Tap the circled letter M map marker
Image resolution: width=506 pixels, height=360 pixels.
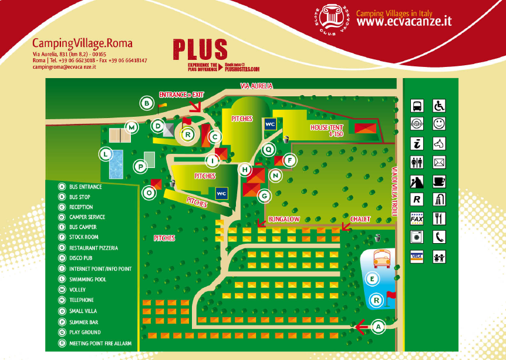pyautogui.click(x=131, y=127)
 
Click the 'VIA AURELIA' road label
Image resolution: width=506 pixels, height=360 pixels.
pyautogui.click(x=257, y=86)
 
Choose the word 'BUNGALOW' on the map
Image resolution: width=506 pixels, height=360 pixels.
pyautogui.click(x=284, y=219)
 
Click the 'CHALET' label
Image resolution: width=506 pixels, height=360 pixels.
pyautogui.click(x=361, y=219)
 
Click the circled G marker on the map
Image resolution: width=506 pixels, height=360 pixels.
pyautogui.click(x=264, y=195)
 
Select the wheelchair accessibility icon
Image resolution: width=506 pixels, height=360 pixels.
pyautogui.click(x=439, y=106)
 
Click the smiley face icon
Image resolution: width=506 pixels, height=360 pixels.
pyautogui.click(x=439, y=124)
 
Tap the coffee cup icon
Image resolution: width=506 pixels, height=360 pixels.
pyautogui.click(x=439, y=180)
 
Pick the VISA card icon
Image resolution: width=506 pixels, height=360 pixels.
pyautogui.click(x=417, y=256)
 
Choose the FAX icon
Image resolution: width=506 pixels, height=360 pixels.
pyautogui.click(x=417, y=218)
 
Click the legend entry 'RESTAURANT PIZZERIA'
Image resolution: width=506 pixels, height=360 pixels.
pyautogui.click(x=93, y=248)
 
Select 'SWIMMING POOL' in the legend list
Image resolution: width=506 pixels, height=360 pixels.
pyautogui.click(x=87, y=280)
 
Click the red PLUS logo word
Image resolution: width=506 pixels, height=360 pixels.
pyautogui.click(x=200, y=50)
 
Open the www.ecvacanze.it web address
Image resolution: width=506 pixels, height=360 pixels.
pyautogui.click(x=404, y=22)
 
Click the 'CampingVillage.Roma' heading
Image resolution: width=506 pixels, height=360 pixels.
pyautogui.click(x=82, y=43)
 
